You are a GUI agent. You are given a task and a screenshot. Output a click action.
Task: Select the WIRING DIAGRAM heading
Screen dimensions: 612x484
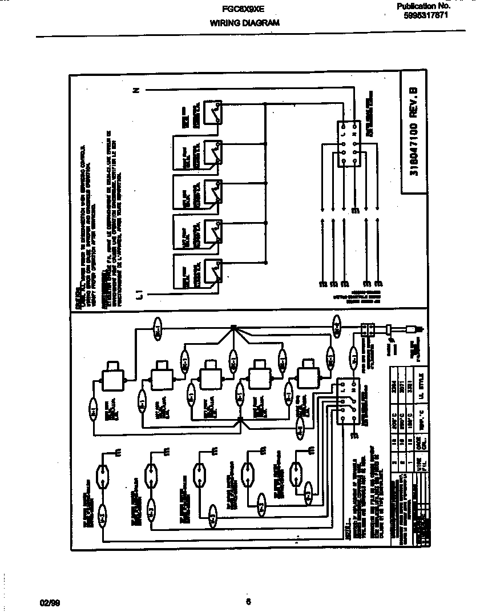point(244,23)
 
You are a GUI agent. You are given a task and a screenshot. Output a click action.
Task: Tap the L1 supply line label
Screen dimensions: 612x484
point(139,295)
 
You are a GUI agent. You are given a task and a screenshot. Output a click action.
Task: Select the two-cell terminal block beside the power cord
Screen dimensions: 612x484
point(368,329)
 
